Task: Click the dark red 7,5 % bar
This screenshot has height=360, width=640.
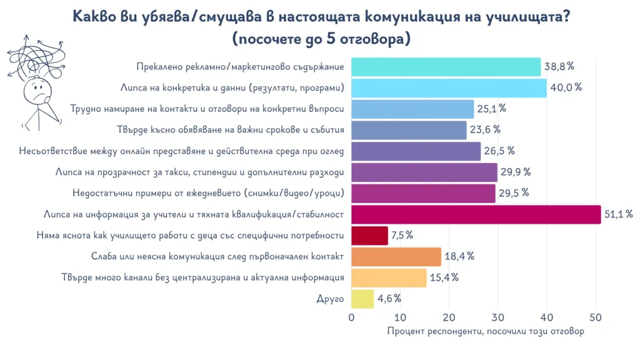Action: pos(369,236)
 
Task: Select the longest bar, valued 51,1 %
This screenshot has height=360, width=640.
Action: pos(476,214)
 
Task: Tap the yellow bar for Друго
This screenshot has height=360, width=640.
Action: pos(362,299)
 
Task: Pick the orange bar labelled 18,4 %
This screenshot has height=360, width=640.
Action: pos(396,257)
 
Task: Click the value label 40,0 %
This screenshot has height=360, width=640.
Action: pos(566,87)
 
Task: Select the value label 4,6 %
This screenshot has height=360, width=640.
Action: pos(389,299)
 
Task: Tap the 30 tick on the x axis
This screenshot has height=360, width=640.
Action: pos(497,317)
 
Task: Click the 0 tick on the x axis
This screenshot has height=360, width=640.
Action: pos(352,317)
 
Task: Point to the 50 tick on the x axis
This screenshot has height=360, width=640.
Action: pos(595,317)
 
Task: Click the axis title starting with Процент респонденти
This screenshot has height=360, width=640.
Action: pos(486,331)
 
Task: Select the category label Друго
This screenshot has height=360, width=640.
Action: pos(331,299)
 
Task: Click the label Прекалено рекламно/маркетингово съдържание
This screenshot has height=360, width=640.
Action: pos(240,66)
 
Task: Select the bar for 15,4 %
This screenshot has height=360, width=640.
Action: pos(389,277)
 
